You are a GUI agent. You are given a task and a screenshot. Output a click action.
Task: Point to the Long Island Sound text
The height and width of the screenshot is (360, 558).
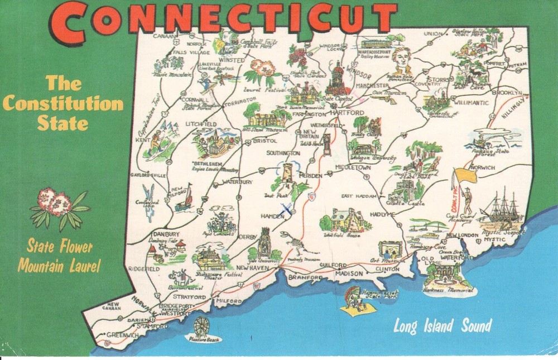(442, 326)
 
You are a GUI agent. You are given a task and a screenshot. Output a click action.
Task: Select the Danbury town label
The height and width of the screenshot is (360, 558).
(166, 233)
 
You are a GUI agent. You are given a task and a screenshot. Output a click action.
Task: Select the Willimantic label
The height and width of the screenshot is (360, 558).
(470, 103)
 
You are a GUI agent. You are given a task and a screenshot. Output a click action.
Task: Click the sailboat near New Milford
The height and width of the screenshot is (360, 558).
(185, 199)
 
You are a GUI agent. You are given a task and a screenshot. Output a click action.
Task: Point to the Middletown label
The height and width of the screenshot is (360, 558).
(353, 167)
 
